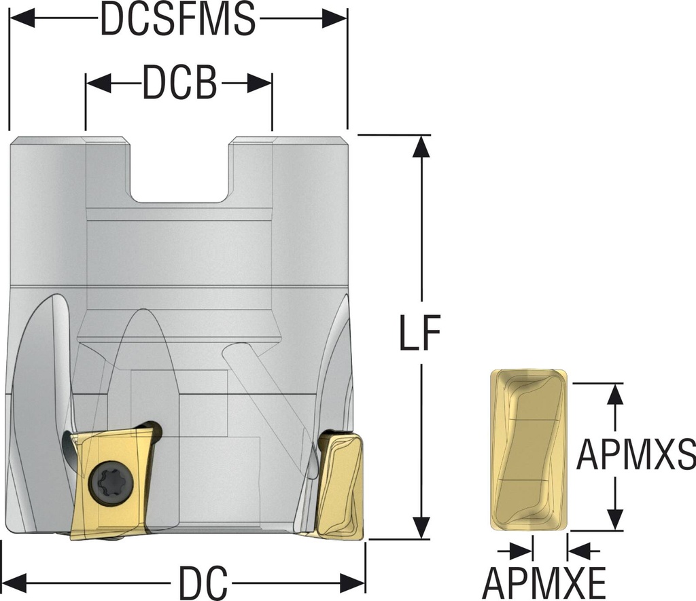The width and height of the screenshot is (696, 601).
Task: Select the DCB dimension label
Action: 179,83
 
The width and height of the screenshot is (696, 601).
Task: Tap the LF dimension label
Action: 420,333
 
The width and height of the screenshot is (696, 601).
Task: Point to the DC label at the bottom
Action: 203,581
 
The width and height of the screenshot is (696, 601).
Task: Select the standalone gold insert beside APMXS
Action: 529,450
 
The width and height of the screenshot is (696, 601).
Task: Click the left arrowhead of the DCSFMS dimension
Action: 22,19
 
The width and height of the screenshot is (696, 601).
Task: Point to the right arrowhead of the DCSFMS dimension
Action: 334,19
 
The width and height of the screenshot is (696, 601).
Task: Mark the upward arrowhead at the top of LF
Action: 421,146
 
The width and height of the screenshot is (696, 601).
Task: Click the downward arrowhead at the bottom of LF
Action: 421,528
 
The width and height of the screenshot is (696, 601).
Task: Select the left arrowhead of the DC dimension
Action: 15,581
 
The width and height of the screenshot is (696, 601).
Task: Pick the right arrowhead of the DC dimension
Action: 353,581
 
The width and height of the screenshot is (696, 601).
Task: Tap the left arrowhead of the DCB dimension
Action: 98,83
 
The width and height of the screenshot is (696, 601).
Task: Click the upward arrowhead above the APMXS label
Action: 615,395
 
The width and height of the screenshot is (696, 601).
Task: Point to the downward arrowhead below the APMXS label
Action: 615,519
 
